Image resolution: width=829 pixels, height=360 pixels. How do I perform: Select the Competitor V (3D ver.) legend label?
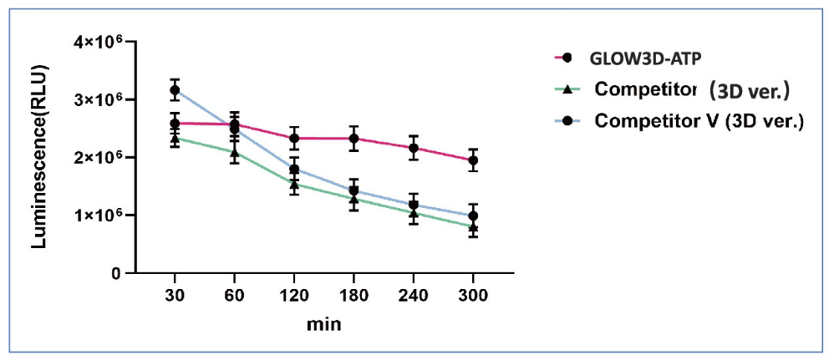[x=699, y=121]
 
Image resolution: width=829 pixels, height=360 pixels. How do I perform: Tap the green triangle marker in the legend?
[x=567, y=89]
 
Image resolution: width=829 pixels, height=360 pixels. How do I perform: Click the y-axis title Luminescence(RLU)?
[x=38, y=157]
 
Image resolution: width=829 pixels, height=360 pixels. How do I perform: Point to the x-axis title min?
[x=325, y=322]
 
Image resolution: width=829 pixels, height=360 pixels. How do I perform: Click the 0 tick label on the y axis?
[x=116, y=273]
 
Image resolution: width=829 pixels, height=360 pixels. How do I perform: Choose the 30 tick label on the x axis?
[x=175, y=295]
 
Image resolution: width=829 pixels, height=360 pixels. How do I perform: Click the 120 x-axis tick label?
[x=294, y=295]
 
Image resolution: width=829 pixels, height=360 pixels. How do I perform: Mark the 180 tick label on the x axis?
[x=353, y=295]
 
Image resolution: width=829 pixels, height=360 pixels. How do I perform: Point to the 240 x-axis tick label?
[x=413, y=295]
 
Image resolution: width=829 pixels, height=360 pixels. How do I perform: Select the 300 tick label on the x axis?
[x=473, y=295]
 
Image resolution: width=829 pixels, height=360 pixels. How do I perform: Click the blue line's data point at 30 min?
[x=175, y=89]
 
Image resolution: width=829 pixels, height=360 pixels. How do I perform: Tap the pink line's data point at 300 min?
[x=473, y=160]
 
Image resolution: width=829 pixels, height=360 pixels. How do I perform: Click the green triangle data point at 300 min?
[x=473, y=226]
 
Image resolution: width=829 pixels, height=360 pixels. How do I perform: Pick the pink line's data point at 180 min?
[x=353, y=139]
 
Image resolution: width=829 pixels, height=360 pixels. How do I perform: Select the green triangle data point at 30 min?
[x=175, y=139]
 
